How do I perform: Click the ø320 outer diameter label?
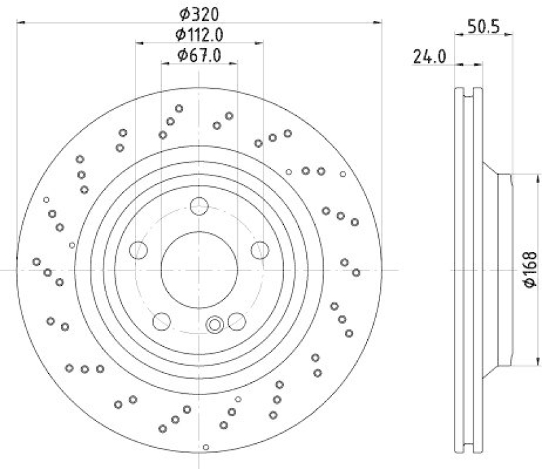click(200, 14)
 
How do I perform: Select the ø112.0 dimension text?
click(200, 34)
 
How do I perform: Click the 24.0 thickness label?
click(429, 58)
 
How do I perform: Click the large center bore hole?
click(199, 270)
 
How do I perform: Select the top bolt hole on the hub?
click(199, 206)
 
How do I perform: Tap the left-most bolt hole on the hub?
click(139, 250)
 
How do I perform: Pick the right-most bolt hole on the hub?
click(259, 250)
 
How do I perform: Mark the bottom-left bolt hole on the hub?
click(162, 320)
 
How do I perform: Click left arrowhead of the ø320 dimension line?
click(18, 23)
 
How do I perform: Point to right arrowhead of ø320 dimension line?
click(381, 23)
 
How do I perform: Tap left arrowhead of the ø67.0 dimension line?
click(164, 64)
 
